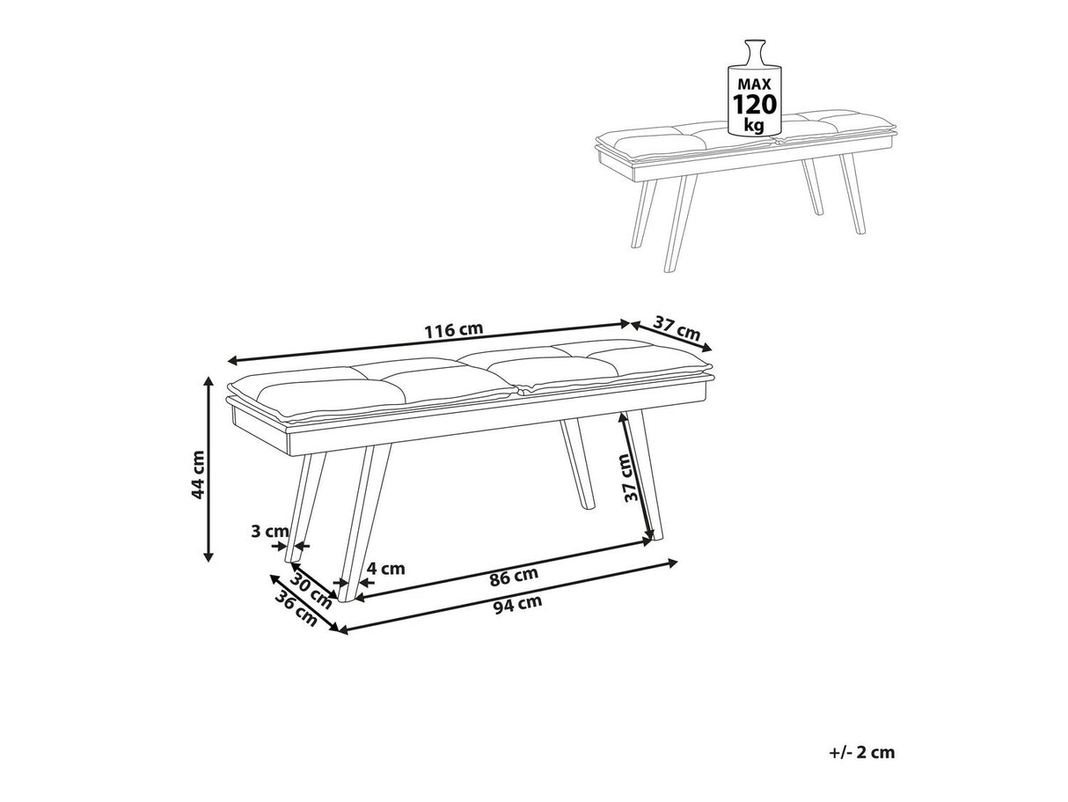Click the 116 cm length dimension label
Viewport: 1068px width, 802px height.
click(x=454, y=329)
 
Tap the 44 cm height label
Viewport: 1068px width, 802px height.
click(x=198, y=475)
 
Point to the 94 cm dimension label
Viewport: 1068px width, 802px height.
click(x=517, y=605)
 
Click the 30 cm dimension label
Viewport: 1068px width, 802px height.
click(x=311, y=590)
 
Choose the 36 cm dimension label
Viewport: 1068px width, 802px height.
click(x=296, y=608)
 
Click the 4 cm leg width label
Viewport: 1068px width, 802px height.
click(x=386, y=568)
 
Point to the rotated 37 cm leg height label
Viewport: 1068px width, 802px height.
click(x=630, y=478)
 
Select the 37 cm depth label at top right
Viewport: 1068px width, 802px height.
click(x=677, y=328)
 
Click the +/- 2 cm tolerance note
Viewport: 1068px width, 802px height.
click(x=861, y=753)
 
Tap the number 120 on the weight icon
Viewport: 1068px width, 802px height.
click(x=755, y=105)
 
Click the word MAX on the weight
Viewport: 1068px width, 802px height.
click(x=755, y=85)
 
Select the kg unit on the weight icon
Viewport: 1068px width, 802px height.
click(x=754, y=125)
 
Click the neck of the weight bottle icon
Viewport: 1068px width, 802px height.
click(x=755, y=48)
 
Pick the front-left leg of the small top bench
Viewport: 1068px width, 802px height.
click(x=680, y=223)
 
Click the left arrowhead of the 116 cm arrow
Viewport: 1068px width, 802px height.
click(x=232, y=361)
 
